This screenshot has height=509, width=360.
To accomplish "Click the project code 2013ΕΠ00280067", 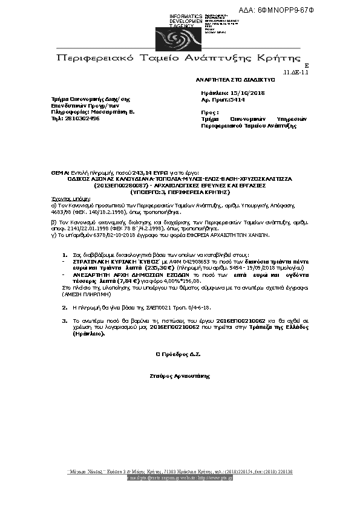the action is pos(122,185).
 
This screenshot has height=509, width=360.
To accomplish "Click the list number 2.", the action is pos(65,308).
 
